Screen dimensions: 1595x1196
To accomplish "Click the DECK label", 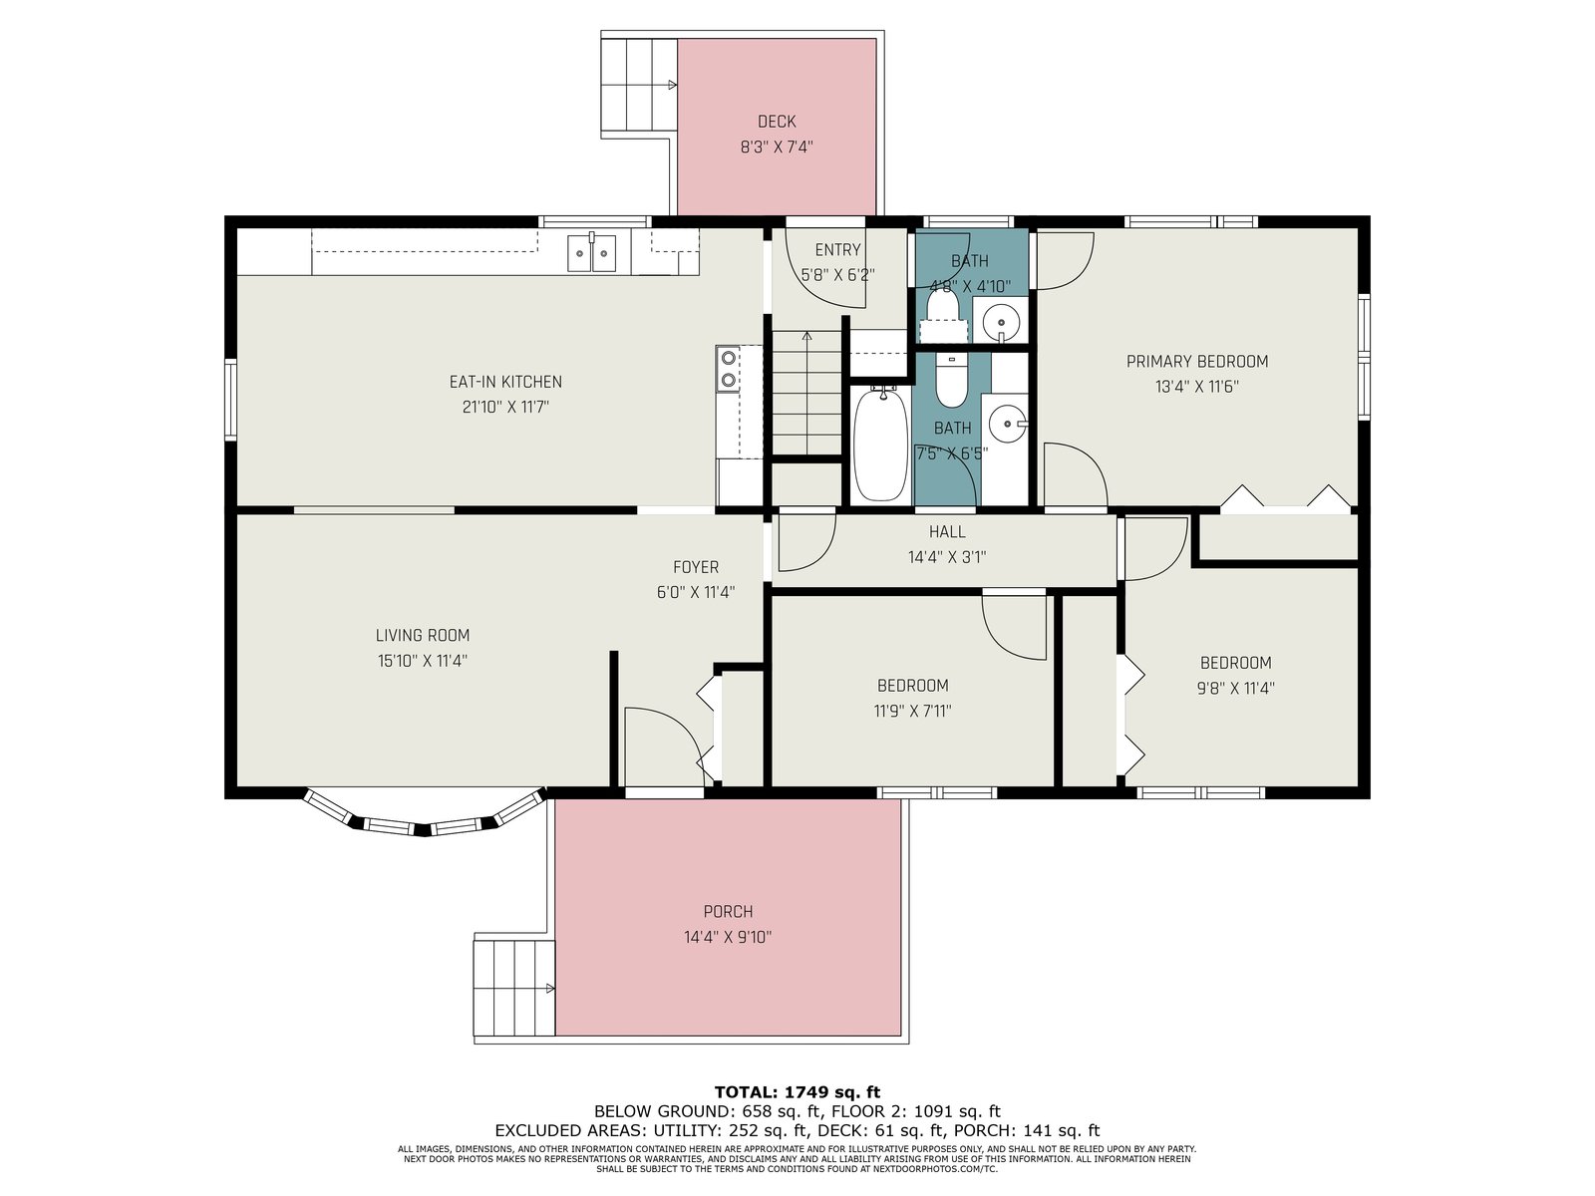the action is tap(776, 122).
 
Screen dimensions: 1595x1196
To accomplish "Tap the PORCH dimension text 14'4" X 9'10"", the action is tap(728, 937).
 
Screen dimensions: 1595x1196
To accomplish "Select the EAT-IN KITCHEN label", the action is tap(505, 382).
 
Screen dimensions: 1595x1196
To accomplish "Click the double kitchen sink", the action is tap(591, 252).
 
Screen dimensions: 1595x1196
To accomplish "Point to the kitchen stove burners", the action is tap(728, 368).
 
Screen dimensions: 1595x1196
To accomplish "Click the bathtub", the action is tap(880, 445).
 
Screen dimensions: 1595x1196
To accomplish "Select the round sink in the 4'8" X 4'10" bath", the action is tap(1001, 321).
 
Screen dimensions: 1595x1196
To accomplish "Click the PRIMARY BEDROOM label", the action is tap(1197, 361).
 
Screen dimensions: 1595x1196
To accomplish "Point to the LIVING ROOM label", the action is tap(423, 636).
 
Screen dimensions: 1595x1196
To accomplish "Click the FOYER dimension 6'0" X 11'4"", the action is tap(696, 592).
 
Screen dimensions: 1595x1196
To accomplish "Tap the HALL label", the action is tap(947, 531).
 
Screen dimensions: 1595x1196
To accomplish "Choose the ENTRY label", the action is tap(837, 250).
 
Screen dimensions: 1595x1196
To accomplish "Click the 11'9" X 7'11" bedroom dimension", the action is tap(912, 711).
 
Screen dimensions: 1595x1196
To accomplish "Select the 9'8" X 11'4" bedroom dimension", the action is tap(1235, 688).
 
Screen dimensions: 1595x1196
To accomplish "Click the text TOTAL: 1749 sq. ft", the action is tap(797, 1092).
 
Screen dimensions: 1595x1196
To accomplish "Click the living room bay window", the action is tap(424, 820).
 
